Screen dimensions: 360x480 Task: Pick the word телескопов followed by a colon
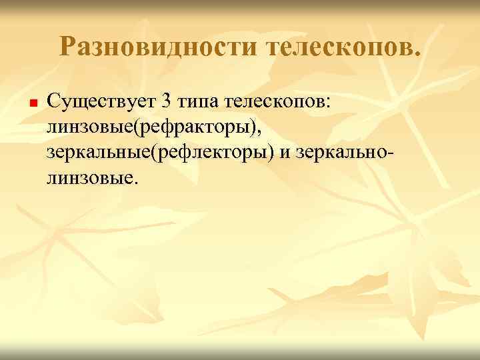283,102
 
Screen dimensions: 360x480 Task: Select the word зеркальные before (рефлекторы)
99,153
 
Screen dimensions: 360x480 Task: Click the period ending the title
417,52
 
